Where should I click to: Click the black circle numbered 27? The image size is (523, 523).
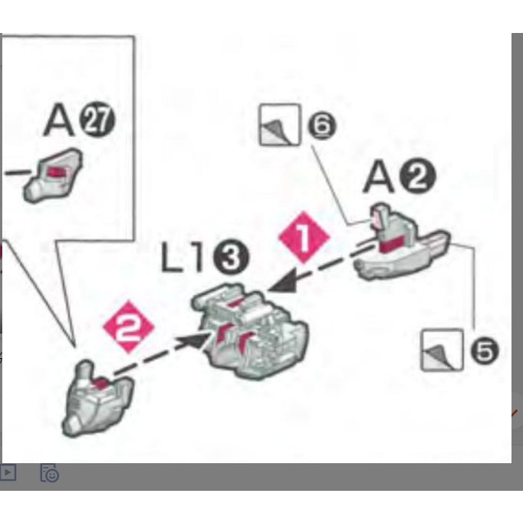click(97, 120)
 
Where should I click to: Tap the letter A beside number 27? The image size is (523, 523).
click(59, 120)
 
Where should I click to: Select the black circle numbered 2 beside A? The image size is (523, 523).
click(418, 176)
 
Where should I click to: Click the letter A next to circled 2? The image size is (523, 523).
click(379, 176)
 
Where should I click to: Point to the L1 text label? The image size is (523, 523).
click(182, 256)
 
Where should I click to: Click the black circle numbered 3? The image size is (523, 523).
click(231, 257)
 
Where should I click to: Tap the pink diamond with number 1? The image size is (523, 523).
click(304, 237)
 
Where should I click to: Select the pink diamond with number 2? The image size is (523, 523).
click(129, 327)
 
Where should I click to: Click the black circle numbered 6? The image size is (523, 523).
click(321, 126)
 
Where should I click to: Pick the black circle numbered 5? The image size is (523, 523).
click(485, 350)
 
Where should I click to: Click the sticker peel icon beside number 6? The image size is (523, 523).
click(280, 125)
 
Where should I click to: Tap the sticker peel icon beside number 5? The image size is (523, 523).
click(442, 350)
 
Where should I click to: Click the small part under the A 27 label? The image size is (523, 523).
click(53, 176)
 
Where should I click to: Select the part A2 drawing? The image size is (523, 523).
click(402, 242)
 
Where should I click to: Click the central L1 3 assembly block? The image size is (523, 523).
click(250, 331)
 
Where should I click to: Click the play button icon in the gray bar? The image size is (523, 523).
click(8, 472)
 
